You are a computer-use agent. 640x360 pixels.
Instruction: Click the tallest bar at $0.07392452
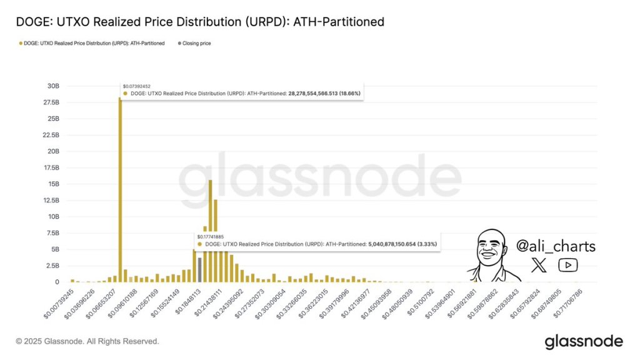click(120, 187)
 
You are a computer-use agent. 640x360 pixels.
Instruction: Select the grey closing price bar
click(199, 269)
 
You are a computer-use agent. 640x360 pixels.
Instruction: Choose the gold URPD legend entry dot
click(21, 44)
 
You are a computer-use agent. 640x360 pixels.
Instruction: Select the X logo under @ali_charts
click(538, 265)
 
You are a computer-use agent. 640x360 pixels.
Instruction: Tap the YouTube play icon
click(567, 265)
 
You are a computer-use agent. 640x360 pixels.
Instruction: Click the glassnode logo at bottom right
click(583, 341)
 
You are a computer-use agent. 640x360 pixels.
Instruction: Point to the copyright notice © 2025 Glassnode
click(87, 341)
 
